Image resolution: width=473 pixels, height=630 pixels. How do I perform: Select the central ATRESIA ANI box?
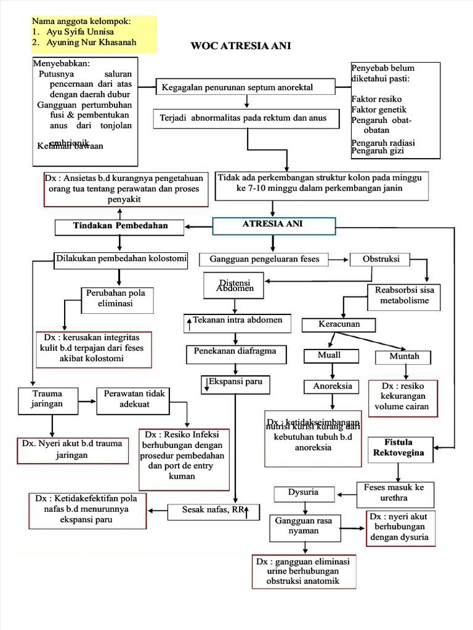coord(273,225)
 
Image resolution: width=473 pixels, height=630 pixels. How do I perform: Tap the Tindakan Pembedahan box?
coord(120,226)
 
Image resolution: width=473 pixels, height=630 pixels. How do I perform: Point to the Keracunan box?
coord(339,324)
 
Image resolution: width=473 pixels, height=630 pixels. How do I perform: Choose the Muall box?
coord(329,356)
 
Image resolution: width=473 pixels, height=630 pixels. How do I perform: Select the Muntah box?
coord(404,357)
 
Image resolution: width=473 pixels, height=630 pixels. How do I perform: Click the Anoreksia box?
coord(333,386)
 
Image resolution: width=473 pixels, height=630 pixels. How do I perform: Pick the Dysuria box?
coord(304,493)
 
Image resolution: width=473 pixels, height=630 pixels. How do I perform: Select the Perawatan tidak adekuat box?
coord(131,399)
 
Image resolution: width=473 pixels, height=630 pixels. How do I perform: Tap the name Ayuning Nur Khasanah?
coord(91,42)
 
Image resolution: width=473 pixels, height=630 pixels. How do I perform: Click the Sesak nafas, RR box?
coord(213,511)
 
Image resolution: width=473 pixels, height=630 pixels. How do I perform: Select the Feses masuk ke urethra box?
coord(394,493)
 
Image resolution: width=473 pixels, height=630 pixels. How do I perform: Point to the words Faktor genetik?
coord(379,109)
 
